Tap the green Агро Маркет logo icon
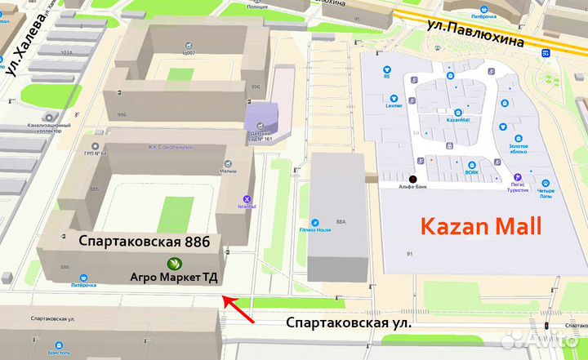click(x=174, y=263)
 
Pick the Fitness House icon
click(x=314, y=221)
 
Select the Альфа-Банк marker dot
click(x=412, y=179)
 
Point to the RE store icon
click(x=387, y=69)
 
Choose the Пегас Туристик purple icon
click(x=517, y=176)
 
